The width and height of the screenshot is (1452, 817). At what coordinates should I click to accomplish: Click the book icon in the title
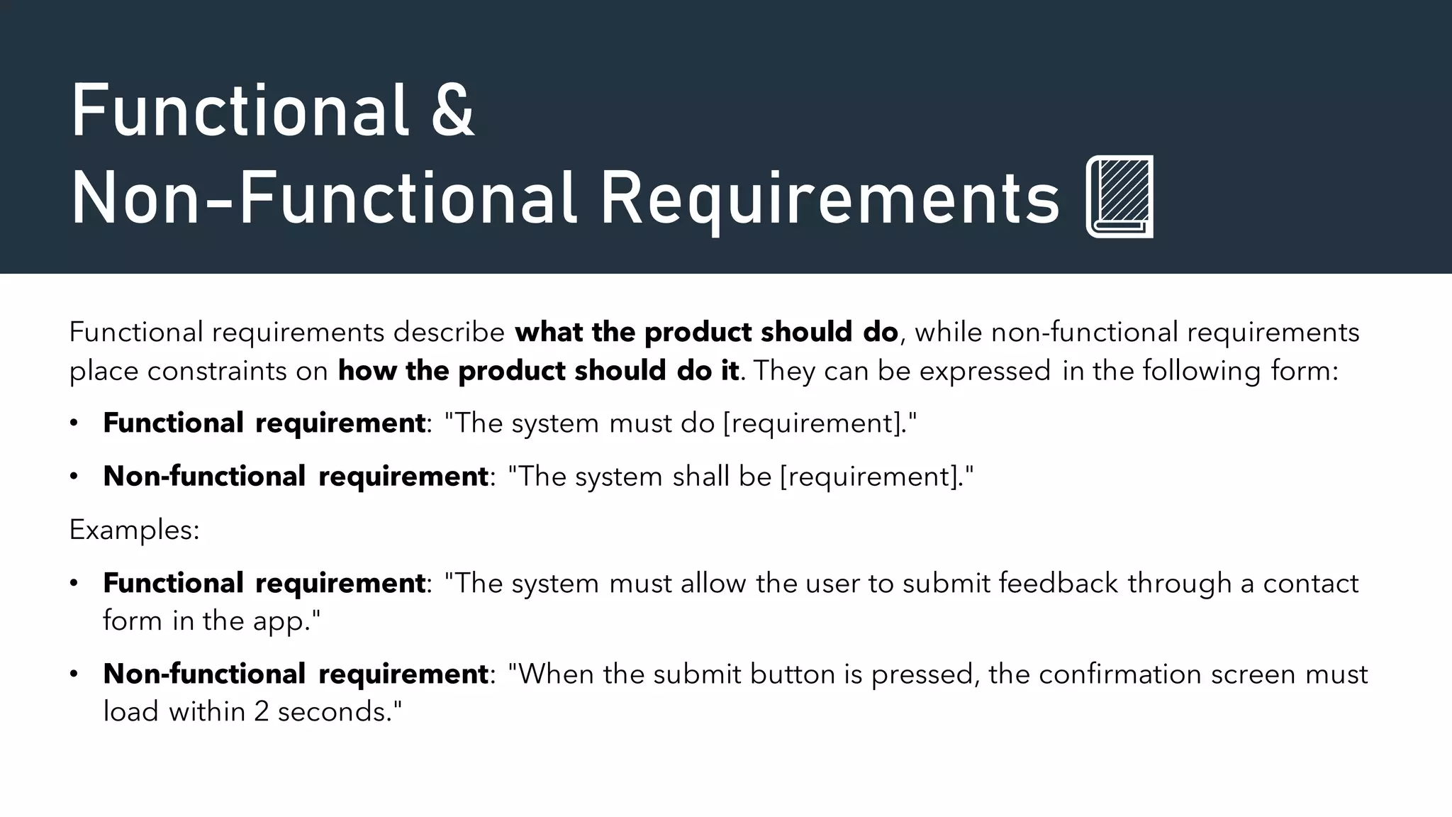[x=1119, y=196]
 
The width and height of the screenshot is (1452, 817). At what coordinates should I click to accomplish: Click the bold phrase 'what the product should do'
[x=706, y=332]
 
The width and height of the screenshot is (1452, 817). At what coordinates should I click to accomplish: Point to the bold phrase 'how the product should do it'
[x=538, y=371]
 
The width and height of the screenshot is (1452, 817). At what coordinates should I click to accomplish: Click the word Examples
[x=134, y=530]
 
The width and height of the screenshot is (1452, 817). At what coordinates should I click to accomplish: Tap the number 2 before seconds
[x=261, y=711]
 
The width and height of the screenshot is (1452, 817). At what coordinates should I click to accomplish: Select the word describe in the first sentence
[x=449, y=332]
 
